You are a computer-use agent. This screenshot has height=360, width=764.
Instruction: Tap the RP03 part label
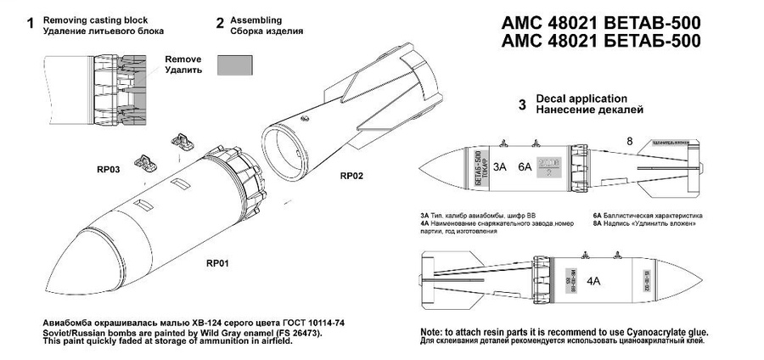(110, 170)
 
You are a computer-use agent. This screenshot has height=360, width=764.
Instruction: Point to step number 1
(31, 25)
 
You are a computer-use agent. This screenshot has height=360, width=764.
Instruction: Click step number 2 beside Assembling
(219, 24)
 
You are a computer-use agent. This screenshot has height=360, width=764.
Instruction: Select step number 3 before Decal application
(522, 104)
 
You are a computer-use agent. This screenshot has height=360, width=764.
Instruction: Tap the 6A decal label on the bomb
(526, 168)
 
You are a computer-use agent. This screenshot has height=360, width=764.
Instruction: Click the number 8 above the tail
(629, 141)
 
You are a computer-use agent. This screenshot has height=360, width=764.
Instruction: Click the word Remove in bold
(184, 59)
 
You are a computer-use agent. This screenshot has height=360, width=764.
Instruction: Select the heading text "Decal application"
(581, 98)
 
